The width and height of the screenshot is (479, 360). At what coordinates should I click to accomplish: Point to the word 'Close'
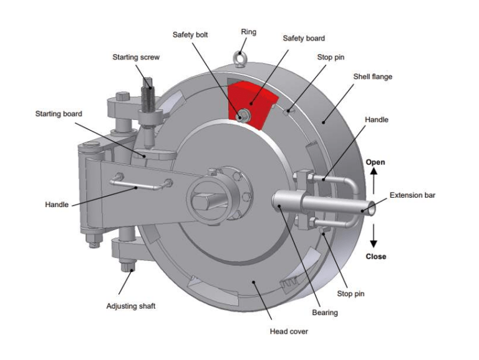pos(375,256)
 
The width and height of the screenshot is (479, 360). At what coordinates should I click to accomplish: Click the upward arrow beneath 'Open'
pos(375,178)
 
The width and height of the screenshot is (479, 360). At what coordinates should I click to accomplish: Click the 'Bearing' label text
pos(324,312)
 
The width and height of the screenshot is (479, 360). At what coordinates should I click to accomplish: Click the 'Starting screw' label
pos(136,57)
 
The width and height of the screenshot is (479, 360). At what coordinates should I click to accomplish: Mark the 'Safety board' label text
pos(304,38)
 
